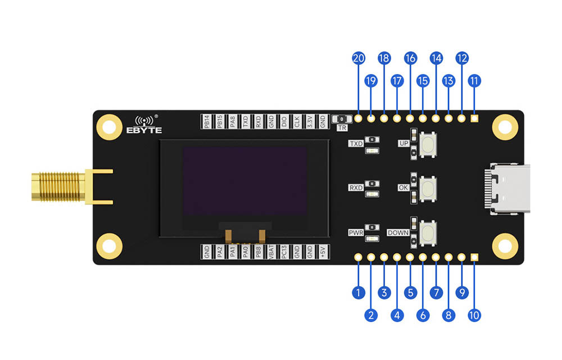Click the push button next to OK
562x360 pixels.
[x=429, y=188]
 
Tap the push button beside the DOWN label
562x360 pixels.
[x=429, y=231]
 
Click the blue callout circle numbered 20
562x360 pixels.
[x=358, y=58]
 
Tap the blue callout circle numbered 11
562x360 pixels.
[x=474, y=81]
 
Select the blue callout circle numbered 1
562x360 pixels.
[x=358, y=292]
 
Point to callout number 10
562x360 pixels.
[x=474, y=316]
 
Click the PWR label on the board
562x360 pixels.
[x=356, y=231]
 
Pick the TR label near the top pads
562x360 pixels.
[x=342, y=127]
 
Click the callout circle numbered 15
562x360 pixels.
[x=423, y=81]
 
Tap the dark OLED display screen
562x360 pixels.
[x=244, y=181]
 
